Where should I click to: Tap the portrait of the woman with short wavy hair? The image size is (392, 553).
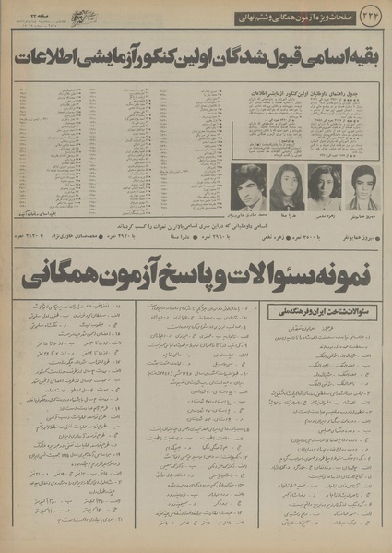pyautogui.click(x=322, y=187)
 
